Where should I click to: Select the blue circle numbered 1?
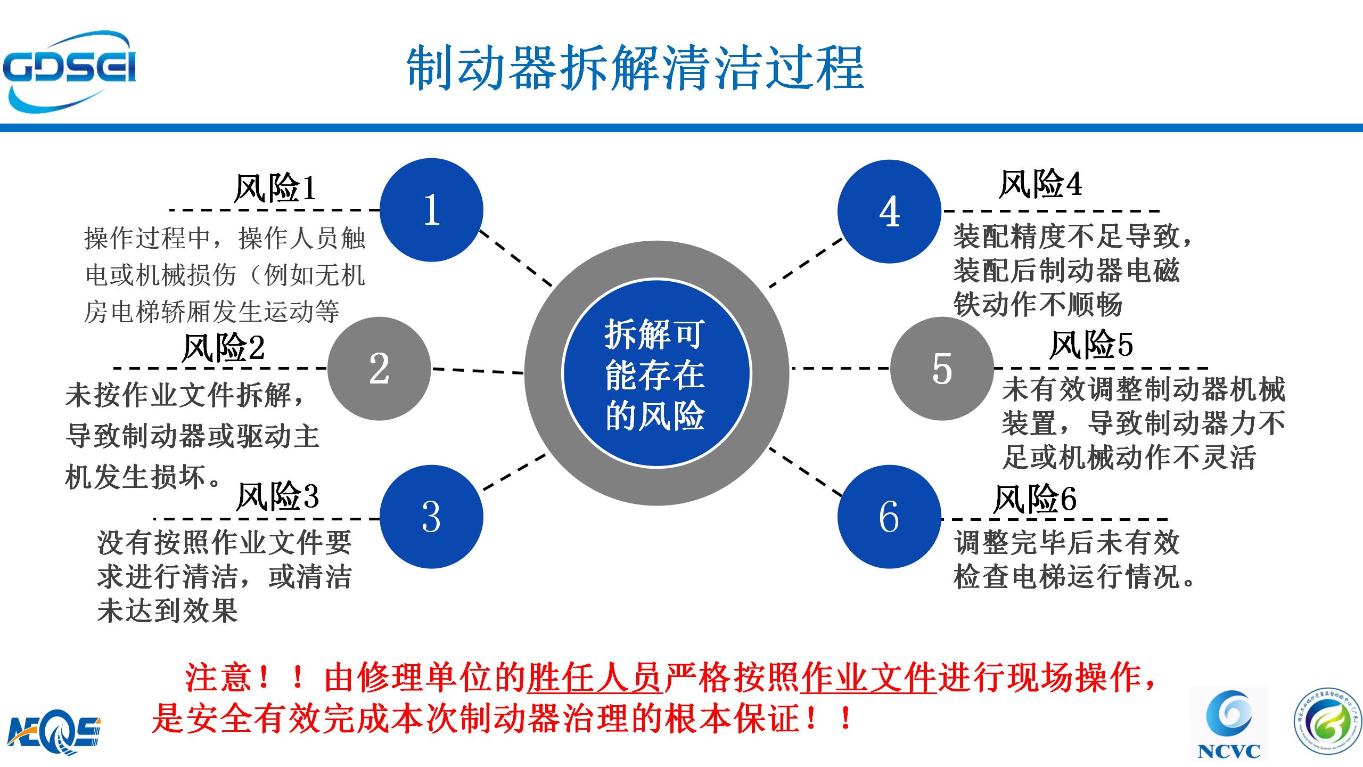(x=431, y=209)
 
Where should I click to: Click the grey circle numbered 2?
(x=379, y=368)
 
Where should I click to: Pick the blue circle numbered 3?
(x=431, y=517)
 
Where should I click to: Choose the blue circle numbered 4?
(x=889, y=211)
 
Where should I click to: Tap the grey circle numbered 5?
(x=942, y=368)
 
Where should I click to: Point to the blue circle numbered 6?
(x=889, y=517)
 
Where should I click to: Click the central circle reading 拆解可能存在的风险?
(x=656, y=374)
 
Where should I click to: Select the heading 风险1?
(x=275, y=188)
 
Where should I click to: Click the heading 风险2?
(x=223, y=348)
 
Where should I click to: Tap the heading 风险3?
(x=277, y=497)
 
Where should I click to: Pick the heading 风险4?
(x=1040, y=184)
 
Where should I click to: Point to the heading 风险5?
(x=1091, y=345)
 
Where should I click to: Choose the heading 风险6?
(x=1034, y=499)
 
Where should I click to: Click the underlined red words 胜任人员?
(x=595, y=678)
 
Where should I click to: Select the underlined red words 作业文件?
(x=868, y=678)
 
